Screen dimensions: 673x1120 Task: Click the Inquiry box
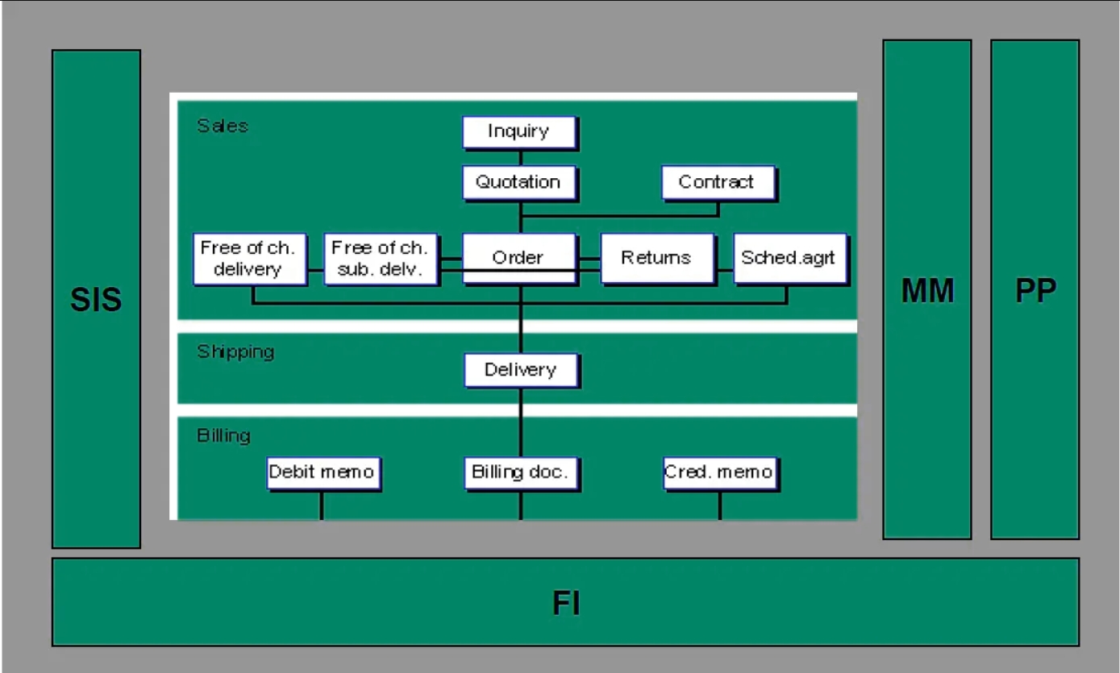tap(519, 132)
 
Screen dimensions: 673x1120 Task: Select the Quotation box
tap(519, 182)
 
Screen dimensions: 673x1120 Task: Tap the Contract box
tap(718, 182)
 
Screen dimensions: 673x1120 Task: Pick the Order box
tap(519, 258)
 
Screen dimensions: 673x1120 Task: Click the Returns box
tap(657, 258)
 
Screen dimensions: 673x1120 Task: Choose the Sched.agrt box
tap(789, 258)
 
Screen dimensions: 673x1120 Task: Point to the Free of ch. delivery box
tap(250, 258)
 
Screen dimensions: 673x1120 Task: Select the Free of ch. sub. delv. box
tap(381, 258)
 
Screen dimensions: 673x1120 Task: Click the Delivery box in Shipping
tap(521, 370)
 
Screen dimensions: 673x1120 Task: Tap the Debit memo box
tap(323, 472)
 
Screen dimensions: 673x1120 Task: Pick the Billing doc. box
tap(521, 472)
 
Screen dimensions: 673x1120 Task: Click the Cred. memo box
tap(719, 472)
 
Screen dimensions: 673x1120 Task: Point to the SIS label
tap(96, 300)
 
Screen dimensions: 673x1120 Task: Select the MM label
tap(927, 290)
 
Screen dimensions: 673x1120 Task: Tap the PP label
tap(1035, 290)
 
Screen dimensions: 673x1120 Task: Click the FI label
tap(566, 603)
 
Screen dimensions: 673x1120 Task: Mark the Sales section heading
tap(223, 126)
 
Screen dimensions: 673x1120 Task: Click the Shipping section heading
tap(235, 352)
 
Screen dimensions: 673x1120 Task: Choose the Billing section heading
tap(223, 436)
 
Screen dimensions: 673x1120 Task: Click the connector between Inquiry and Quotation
tap(520, 158)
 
